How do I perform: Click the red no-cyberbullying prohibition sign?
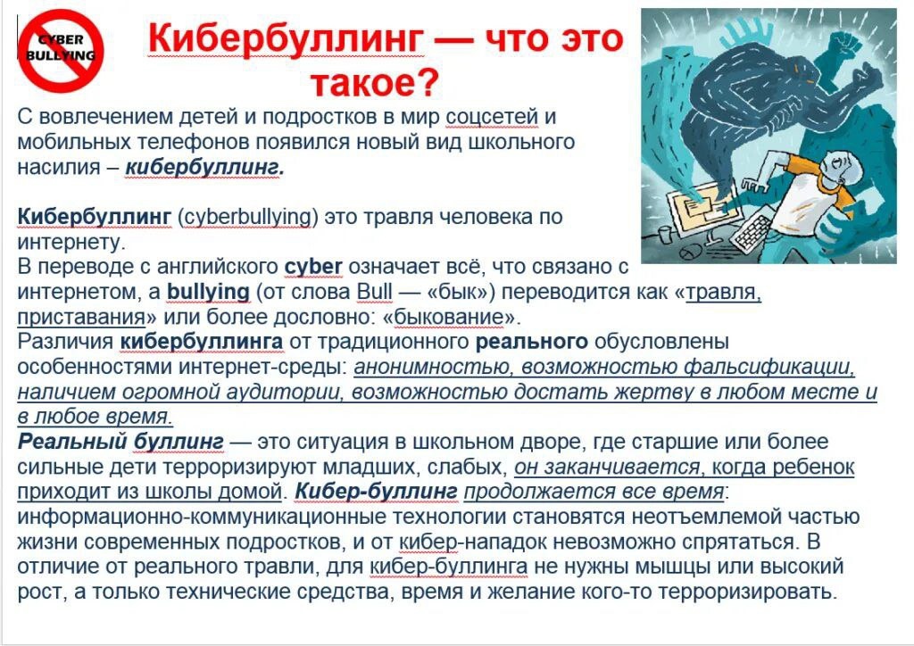point(61,50)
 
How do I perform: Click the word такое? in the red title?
point(374,82)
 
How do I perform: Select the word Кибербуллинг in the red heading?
point(287,38)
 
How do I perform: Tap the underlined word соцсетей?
point(492,117)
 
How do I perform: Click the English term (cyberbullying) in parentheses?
point(248,217)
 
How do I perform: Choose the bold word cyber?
point(313,267)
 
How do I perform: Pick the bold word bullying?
point(208,292)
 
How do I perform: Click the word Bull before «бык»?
point(374,291)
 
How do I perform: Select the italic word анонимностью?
point(433,367)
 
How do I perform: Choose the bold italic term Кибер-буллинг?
point(376,492)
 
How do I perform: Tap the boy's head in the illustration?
point(839,165)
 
